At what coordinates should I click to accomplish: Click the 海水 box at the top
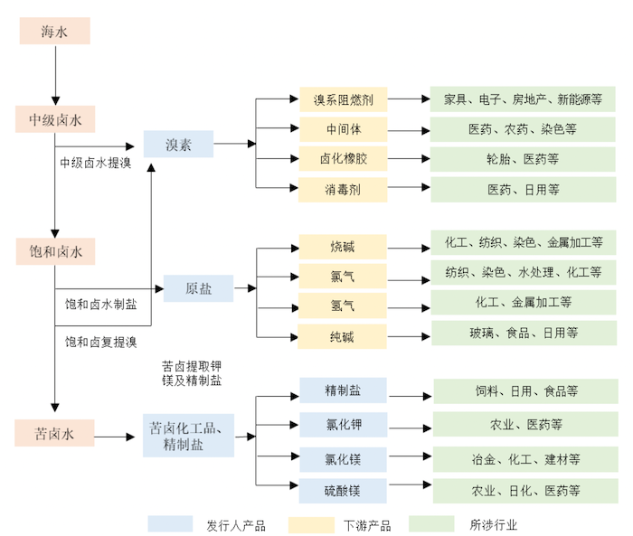[54, 32]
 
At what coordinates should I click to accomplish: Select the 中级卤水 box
[54, 119]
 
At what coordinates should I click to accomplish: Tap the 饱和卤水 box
[54, 251]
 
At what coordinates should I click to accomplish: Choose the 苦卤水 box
[54, 434]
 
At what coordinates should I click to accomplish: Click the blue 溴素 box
[178, 145]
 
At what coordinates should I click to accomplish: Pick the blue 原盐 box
[198, 288]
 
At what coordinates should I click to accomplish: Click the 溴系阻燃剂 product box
[343, 99]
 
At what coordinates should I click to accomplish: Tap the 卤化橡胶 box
[343, 159]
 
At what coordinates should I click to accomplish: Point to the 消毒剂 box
[343, 189]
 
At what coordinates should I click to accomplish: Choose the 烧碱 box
[343, 246]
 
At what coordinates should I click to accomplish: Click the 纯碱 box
[343, 336]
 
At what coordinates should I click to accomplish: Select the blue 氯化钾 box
[343, 423]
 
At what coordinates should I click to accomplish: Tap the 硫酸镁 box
[343, 491]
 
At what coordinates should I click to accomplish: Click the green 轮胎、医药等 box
[523, 159]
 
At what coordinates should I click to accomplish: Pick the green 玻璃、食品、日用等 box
[523, 333]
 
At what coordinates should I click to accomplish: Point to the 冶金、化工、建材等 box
[525, 458]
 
